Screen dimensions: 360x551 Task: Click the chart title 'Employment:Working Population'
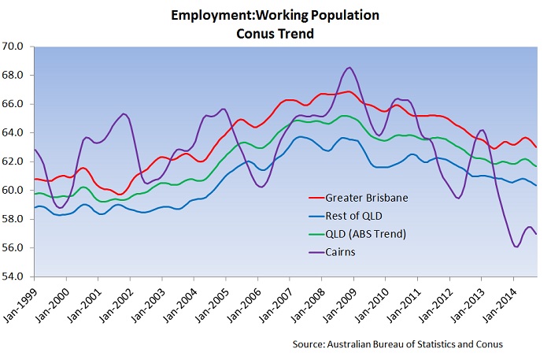[x=275, y=15]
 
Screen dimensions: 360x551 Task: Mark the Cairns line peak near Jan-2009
[x=349, y=68]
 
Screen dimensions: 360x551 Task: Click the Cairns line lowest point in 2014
[x=516, y=247]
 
